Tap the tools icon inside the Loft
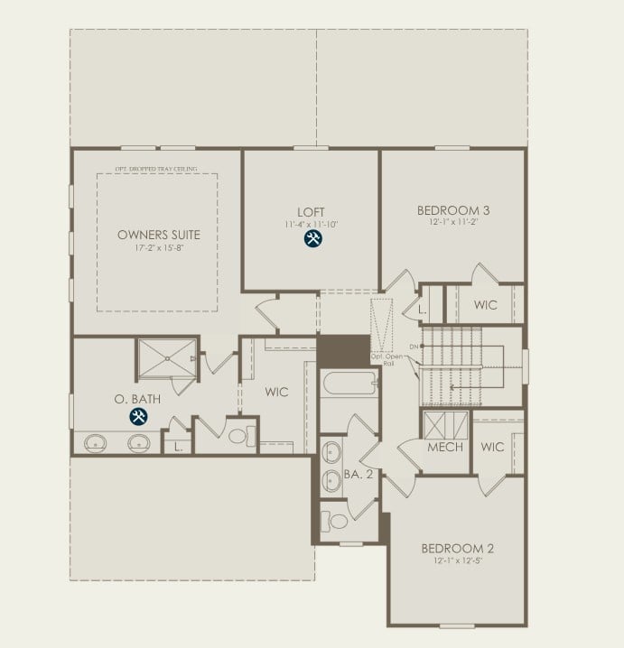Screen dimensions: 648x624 pos(312,239)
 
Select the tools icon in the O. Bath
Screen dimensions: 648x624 pos(138,417)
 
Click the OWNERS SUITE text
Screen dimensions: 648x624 pos(159,235)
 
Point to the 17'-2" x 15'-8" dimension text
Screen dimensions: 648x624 pos(159,247)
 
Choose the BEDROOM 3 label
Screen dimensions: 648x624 pos(453,211)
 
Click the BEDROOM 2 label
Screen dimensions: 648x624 pos(457,548)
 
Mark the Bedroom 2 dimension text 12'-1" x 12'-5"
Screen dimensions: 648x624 pos(457,560)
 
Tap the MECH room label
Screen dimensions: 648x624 pos(445,448)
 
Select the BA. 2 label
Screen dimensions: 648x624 pos(358,474)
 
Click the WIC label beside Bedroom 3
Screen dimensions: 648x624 pos(485,305)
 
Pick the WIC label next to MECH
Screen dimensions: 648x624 pos(492,448)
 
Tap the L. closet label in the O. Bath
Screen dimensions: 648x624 pos(178,447)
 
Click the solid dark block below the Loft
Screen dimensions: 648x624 pos(344,350)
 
